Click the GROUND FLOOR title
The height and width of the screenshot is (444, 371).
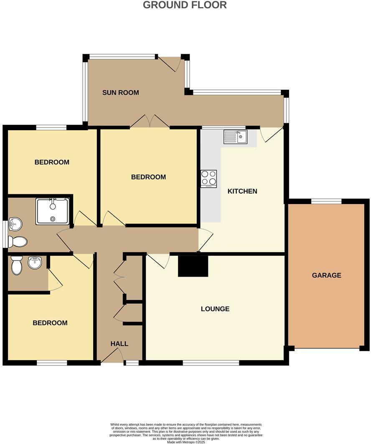pyautogui.click(x=185, y=5)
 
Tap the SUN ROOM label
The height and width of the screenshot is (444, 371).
pyautogui.click(x=120, y=93)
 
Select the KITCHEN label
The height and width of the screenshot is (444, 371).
pyautogui.click(x=242, y=191)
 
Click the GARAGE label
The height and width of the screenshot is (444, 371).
pyautogui.click(x=327, y=275)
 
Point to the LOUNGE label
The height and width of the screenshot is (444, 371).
pyautogui.click(x=215, y=309)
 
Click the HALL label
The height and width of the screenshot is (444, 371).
pyautogui.click(x=119, y=344)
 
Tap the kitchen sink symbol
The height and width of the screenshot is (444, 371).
pyautogui.click(x=235, y=137)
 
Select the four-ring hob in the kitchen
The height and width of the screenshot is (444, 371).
pyautogui.click(x=208, y=179)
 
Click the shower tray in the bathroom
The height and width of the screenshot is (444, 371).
pyautogui.click(x=53, y=211)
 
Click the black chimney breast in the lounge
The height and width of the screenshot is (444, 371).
pyautogui.click(x=193, y=266)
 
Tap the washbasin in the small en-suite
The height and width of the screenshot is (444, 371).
pyautogui.click(x=34, y=263)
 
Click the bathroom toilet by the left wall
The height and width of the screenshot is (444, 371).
pyautogui.click(x=18, y=242)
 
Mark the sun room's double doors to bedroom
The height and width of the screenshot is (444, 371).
pyautogui.click(x=150, y=121)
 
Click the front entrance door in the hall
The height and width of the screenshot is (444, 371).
pyautogui.click(x=111, y=356)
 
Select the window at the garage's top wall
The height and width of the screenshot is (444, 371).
pyautogui.click(x=326, y=201)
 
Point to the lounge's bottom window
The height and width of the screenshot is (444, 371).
pyautogui.click(x=211, y=363)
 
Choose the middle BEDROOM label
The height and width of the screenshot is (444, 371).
pyautogui.click(x=148, y=177)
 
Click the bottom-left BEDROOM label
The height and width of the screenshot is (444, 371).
pyautogui.click(x=50, y=323)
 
